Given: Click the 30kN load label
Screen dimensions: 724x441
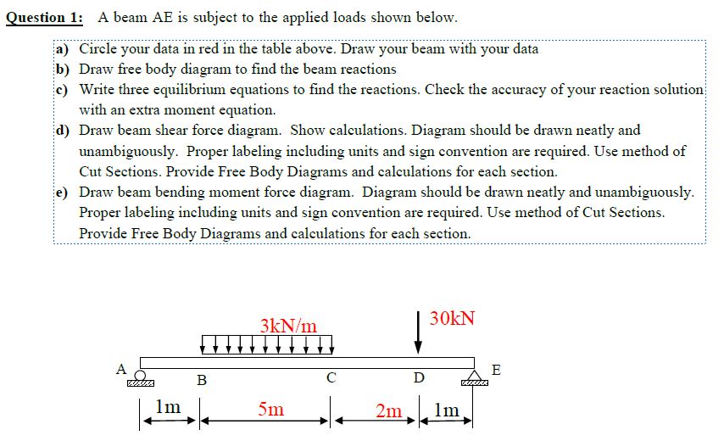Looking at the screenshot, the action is click(x=453, y=320).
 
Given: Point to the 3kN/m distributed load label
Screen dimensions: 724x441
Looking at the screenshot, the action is click(x=288, y=326).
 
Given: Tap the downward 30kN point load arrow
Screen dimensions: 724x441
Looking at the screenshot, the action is click(x=417, y=334).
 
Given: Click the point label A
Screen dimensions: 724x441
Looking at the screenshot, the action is click(x=121, y=369).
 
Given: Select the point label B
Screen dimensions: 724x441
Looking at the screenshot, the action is click(x=202, y=381).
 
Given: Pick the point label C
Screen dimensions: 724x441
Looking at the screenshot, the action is click(x=331, y=377).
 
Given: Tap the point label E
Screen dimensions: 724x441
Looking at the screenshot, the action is click(x=496, y=370).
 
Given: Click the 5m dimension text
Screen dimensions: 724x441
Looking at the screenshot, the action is click(x=271, y=410).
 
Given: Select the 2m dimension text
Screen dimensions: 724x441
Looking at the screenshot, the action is click(x=389, y=411).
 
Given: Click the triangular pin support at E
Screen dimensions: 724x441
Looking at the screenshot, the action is click(x=471, y=376).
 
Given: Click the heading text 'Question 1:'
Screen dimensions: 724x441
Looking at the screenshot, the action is click(x=45, y=17).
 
